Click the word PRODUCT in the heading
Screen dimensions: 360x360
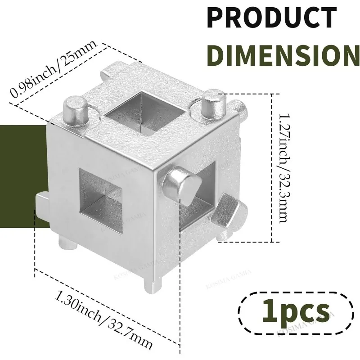click(x=272, y=17)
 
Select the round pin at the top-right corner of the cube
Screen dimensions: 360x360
click(x=212, y=104)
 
